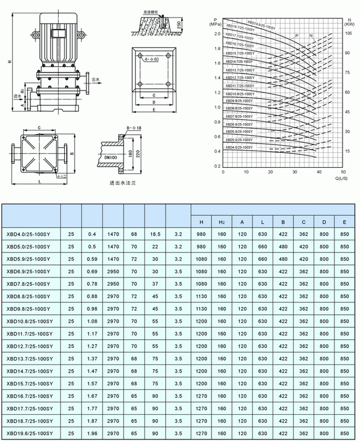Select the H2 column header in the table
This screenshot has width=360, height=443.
(x=221, y=222)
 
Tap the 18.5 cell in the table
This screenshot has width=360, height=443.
(x=155, y=234)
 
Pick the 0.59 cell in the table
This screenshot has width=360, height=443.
(x=92, y=259)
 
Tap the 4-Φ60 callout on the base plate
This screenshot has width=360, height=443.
(x=145, y=58)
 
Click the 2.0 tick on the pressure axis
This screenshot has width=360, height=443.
(x=217, y=34)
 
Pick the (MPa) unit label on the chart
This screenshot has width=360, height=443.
(x=216, y=25)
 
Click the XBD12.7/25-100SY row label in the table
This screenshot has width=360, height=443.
(x=30, y=346)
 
